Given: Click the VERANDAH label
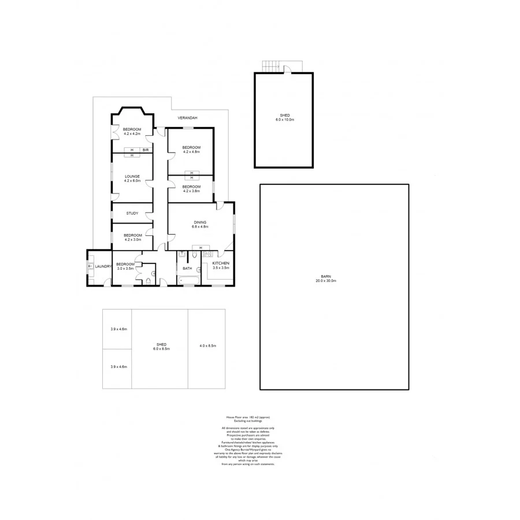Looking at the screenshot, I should pyautogui.click(x=187, y=118).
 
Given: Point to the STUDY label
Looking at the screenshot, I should pyautogui.click(x=132, y=213).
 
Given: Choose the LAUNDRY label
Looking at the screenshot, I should pyautogui.click(x=103, y=266).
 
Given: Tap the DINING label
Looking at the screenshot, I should pyautogui.click(x=200, y=222).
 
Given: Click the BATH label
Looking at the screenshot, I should pyautogui.click(x=187, y=269).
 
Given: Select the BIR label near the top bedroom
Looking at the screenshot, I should pyautogui.click(x=146, y=150).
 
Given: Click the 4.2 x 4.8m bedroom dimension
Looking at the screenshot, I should pyautogui.click(x=191, y=152).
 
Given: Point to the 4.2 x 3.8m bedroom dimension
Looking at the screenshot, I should pyautogui.click(x=191, y=191).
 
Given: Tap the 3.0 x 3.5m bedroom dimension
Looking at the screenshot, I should pyautogui.click(x=125, y=269).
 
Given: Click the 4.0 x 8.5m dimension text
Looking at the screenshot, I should pyautogui.click(x=207, y=346).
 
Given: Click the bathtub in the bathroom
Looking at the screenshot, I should pyautogui.click(x=188, y=281).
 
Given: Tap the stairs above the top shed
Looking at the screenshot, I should pyautogui.click(x=269, y=66).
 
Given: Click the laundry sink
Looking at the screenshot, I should pyautogui.click(x=90, y=267).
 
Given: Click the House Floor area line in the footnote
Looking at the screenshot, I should pyautogui.click(x=247, y=417).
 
